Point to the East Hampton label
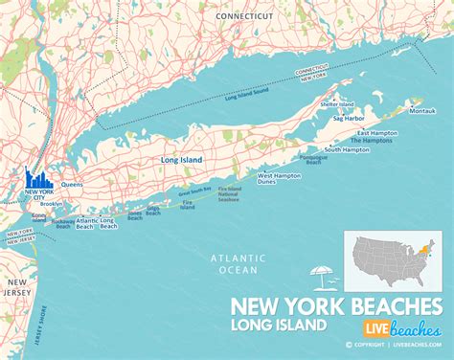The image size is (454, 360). [375, 132]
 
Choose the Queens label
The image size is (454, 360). [72, 183]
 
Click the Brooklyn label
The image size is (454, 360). [52, 203]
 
